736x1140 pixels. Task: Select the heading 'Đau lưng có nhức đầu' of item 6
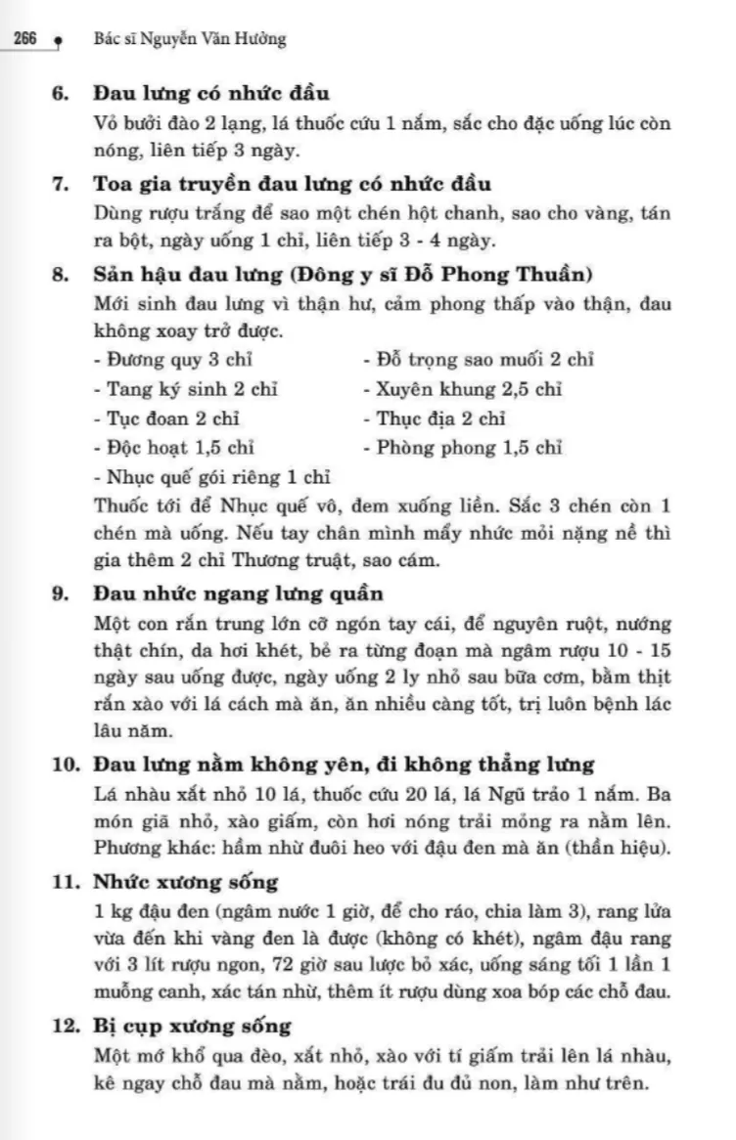point(211,95)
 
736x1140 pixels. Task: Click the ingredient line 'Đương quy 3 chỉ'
point(166,360)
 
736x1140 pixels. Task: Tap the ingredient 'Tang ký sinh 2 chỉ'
point(186,389)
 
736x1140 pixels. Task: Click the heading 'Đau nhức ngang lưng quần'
point(239,594)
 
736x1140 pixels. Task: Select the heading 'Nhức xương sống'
point(186,882)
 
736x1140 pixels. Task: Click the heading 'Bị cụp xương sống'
point(193,1026)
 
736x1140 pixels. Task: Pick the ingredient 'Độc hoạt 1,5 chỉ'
point(174,449)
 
